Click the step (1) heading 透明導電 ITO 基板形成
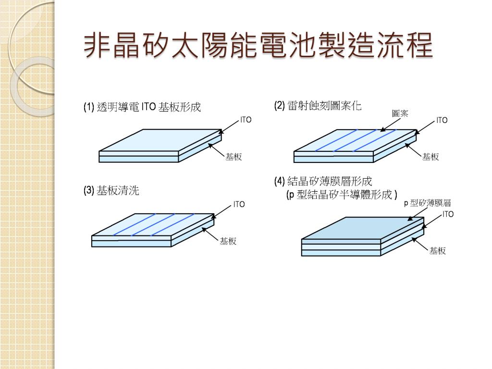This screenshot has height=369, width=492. coord(142,107)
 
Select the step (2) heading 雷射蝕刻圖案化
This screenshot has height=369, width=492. coord(318,106)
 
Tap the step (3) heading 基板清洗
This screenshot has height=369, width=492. coord(111,191)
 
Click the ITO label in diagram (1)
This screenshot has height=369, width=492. coord(246,120)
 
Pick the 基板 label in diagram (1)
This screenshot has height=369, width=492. coord(234,157)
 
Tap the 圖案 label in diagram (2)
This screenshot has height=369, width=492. coord(400,113)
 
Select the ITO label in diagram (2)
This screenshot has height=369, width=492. coord(442,120)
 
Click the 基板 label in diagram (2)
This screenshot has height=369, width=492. coord(430,157)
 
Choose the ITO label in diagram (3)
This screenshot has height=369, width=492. coord(239,204)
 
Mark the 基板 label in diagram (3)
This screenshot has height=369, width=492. coord(228,241)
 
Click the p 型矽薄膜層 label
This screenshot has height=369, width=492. coord(427,203)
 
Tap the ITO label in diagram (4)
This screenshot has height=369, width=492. coord(448,214)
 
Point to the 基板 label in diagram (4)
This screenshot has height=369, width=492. coord(437,250)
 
